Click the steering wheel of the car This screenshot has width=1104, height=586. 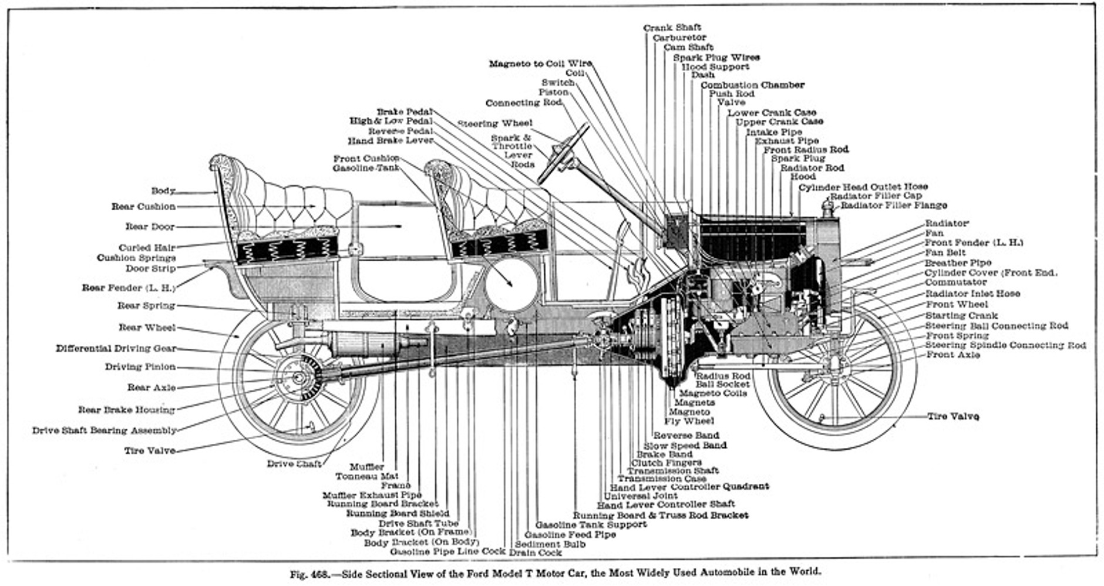point(563,153)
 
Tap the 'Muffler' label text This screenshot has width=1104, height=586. point(367,467)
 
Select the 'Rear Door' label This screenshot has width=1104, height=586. point(150,227)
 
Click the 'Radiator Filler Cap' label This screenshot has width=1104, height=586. point(876,196)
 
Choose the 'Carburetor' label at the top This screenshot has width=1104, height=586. point(679,38)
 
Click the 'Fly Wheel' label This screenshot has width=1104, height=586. point(689,421)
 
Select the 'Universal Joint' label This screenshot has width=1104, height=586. point(641,496)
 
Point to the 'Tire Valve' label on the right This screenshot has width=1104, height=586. point(952,416)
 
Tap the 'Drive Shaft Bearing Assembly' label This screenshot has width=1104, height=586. point(104,430)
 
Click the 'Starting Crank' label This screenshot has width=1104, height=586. point(961,315)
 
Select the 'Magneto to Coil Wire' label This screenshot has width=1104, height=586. point(540,63)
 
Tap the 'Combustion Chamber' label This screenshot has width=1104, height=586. point(752,85)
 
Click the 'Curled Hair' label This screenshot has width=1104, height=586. point(147,248)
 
